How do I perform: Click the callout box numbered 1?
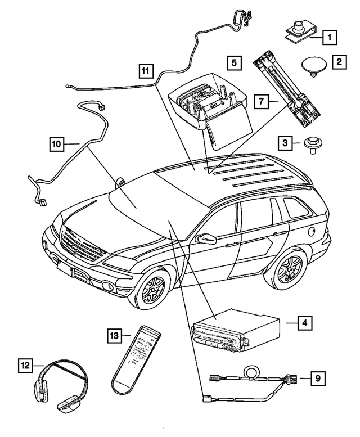tap(329, 38)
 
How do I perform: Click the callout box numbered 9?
tap(318, 378)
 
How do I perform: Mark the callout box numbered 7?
tap(261, 102)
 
